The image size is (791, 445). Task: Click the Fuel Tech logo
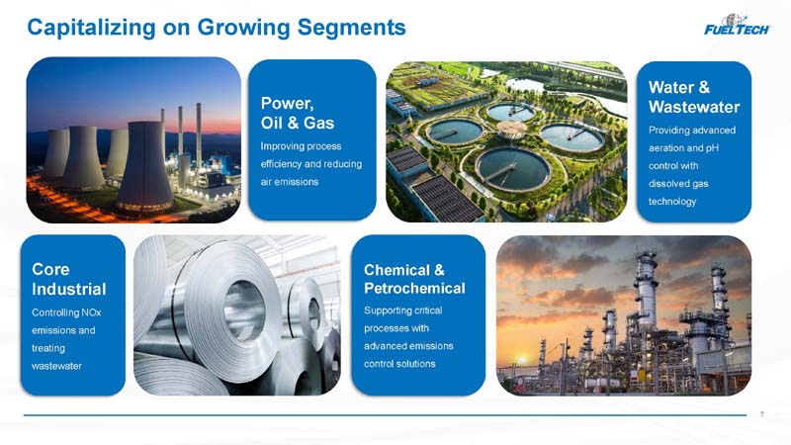[737, 25]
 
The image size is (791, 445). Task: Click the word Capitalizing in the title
[91, 28]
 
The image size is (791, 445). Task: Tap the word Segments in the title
[352, 28]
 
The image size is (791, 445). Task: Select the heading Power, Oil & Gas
[298, 113]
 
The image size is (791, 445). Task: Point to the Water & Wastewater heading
[694, 97]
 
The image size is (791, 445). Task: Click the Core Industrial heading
[68, 279]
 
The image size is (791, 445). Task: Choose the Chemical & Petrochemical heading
[414, 279]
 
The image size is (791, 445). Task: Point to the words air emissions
[289, 182]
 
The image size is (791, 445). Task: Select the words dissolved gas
[678, 184]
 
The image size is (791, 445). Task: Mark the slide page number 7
[761, 414]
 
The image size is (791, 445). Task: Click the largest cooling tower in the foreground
[145, 166]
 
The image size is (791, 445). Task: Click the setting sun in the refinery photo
[522, 360]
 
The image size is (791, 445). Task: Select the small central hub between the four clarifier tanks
[511, 130]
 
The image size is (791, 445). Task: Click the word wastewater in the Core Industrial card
[56, 366]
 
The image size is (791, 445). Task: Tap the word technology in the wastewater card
[672, 202]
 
